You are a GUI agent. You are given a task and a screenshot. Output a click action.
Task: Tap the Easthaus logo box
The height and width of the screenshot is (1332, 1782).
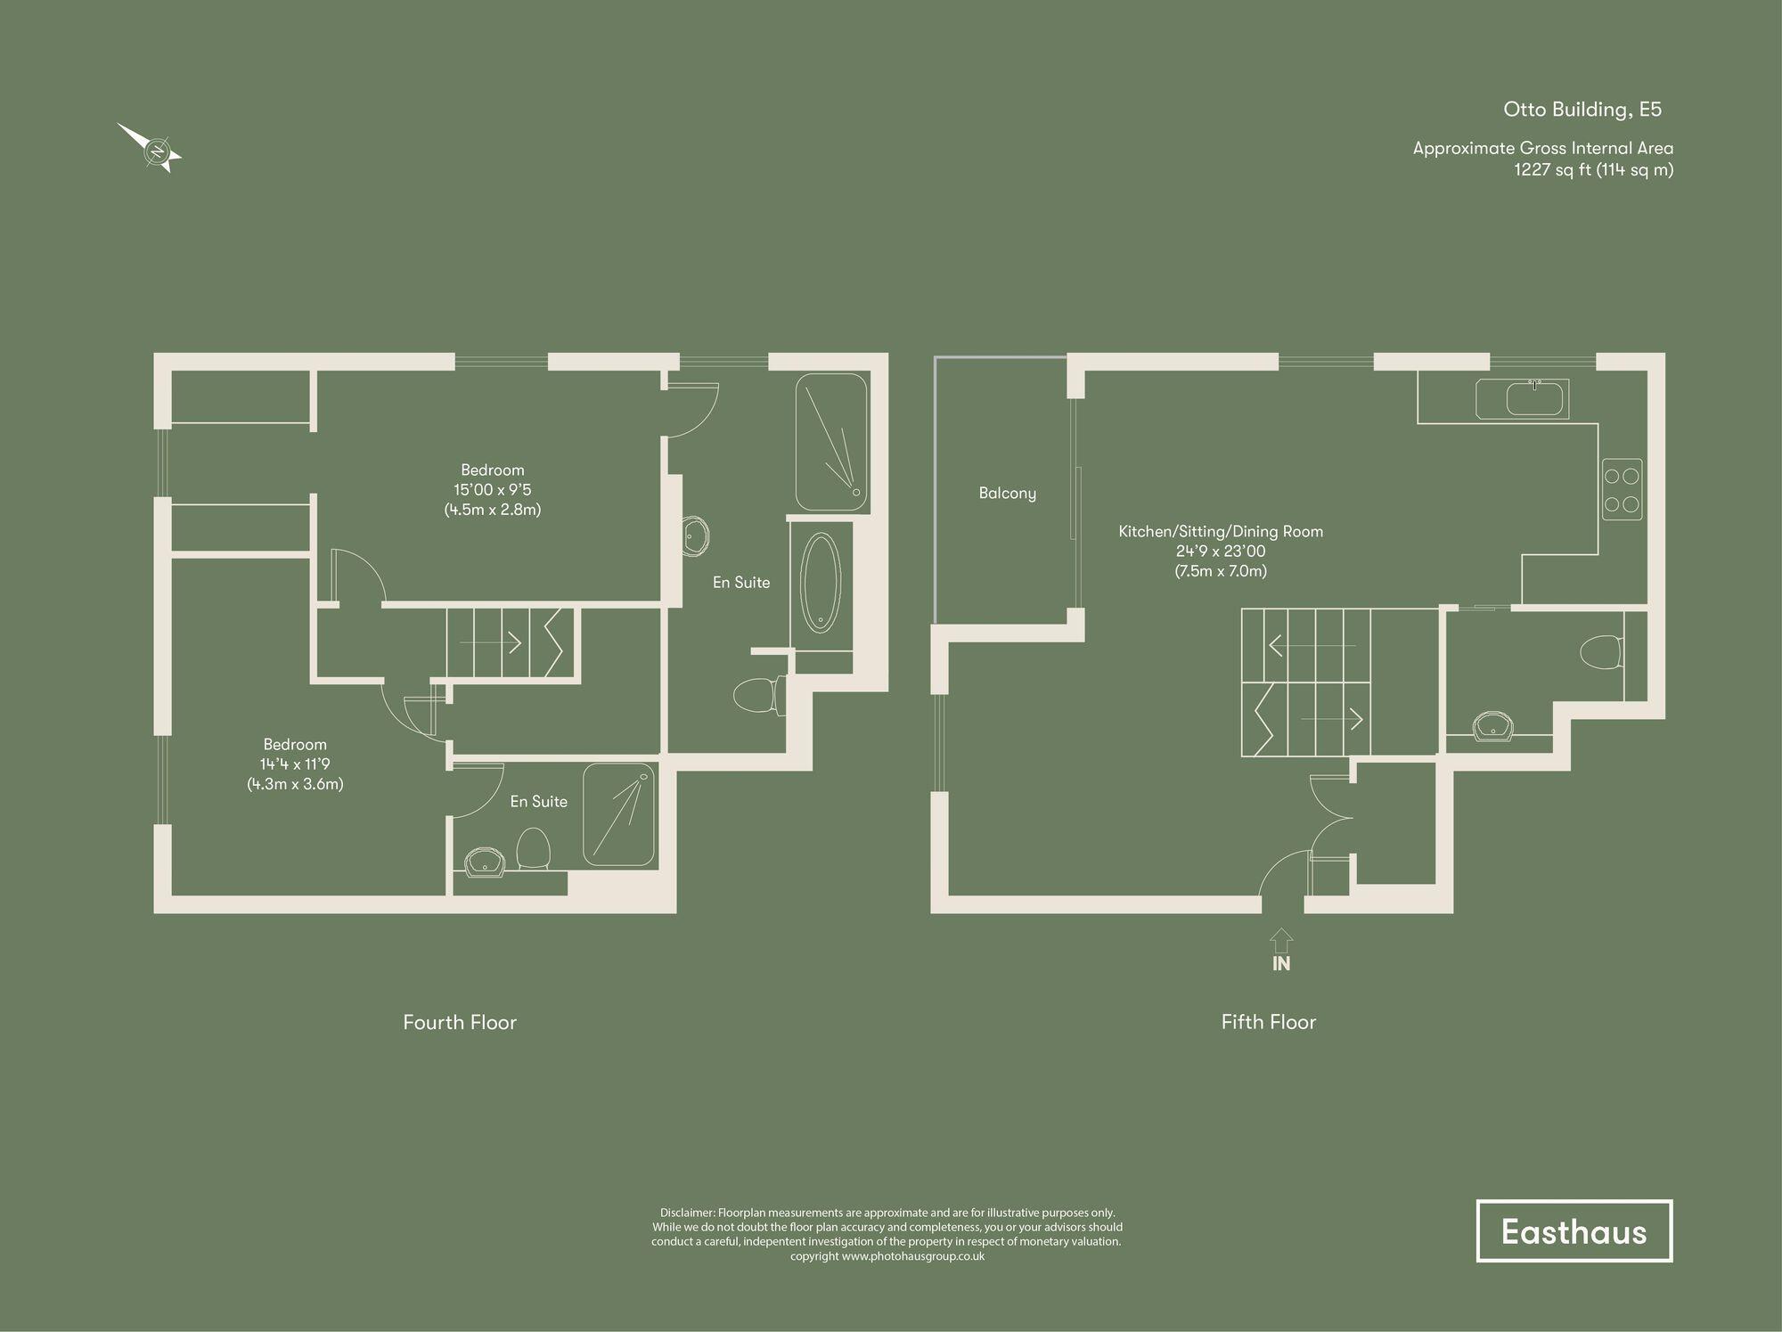(1574, 1230)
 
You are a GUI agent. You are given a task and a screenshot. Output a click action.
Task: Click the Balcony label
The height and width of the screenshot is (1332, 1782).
(1007, 493)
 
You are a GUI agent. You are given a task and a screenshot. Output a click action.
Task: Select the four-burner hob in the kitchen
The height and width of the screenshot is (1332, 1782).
(1622, 489)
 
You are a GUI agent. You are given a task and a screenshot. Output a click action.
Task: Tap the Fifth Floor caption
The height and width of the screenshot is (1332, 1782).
(1268, 1022)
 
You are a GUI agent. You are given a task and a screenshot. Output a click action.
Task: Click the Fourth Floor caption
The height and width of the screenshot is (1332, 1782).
(460, 1022)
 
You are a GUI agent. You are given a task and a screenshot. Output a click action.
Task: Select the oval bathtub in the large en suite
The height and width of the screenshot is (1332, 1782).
(821, 583)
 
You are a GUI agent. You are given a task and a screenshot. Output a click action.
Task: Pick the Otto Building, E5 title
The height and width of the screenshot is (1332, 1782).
(1582, 110)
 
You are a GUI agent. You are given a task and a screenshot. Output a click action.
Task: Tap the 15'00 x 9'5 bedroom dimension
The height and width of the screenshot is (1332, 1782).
(493, 490)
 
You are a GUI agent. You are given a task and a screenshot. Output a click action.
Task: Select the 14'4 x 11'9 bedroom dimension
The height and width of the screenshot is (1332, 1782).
(295, 764)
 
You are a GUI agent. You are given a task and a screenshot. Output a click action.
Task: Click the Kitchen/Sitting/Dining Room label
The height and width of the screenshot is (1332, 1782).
(1221, 532)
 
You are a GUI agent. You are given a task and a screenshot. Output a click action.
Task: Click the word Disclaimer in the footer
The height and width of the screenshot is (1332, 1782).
(687, 1213)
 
